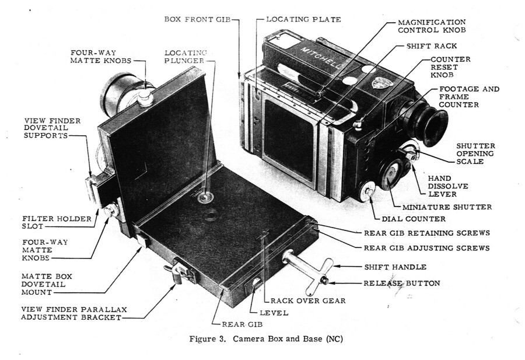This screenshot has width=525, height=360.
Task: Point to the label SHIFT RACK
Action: point(431,46)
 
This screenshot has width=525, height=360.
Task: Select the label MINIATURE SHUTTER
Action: point(447,207)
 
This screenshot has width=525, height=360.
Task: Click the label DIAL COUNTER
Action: point(414,219)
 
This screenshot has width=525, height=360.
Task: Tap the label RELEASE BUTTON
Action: point(402,284)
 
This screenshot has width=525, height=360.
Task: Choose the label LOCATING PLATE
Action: point(304,19)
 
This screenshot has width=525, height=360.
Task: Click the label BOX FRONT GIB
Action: point(198,19)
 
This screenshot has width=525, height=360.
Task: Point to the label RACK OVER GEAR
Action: point(308,300)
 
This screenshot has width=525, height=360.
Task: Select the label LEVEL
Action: point(274,313)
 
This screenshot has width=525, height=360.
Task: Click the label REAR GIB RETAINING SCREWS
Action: point(427,233)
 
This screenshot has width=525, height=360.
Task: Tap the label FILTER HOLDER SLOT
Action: point(57,222)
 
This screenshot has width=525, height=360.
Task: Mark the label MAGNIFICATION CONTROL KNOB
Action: point(432,26)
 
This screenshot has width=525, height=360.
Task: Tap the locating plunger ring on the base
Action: point(205,198)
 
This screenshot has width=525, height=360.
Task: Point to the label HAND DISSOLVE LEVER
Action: point(448,186)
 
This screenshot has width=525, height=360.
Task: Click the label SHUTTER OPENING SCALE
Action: point(475,153)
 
